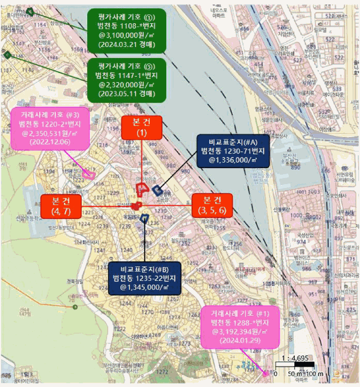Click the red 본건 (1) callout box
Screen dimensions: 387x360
point(142,127)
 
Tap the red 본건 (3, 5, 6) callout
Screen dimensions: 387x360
point(212,205)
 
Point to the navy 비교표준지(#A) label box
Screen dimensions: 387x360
point(233,150)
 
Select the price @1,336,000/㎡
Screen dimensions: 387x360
point(233,160)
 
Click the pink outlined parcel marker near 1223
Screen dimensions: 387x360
point(90,176)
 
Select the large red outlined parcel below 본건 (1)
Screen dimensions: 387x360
point(141,189)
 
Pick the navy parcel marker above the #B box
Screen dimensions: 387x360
point(145,218)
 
